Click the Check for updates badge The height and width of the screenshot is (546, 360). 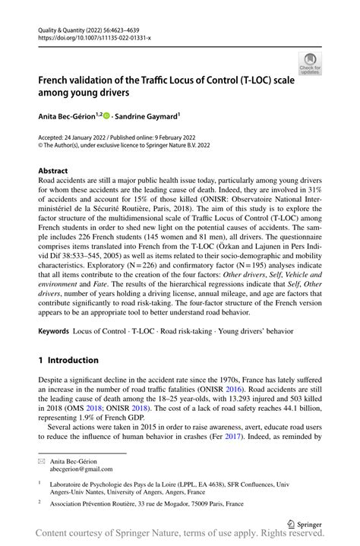309,62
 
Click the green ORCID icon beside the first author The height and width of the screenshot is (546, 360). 108,116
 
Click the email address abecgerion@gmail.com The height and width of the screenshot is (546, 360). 81,469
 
